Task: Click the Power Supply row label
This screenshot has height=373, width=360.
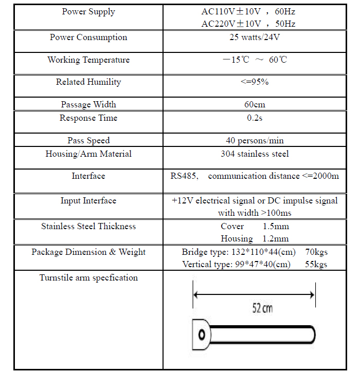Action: pyautogui.click(x=88, y=12)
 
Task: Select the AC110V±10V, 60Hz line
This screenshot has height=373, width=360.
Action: pyautogui.click(x=248, y=11)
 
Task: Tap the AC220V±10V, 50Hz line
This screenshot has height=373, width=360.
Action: pyautogui.click(x=248, y=24)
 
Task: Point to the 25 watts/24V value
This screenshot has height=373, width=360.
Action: pyautogui.click(x=255, y=38)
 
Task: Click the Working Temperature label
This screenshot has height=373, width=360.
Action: pyautogui.click(x=88, y=60)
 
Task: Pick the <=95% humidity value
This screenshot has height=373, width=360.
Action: pyautogui.click(x=255, y=82)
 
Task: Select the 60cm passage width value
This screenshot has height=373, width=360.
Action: pyautogui.click(x=255, y=105)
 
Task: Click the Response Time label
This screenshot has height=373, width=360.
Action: pyautogui.click(x=88, y=118)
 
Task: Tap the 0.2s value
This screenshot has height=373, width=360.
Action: pyautogui.click(x=255, y=118)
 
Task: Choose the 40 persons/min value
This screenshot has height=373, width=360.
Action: pyautogui.click(x=255, y=141)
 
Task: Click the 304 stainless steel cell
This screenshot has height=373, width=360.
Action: pyautogui.click(x=255, y=154)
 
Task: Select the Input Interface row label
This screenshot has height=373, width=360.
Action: pyautogui.click(x=88, y=201)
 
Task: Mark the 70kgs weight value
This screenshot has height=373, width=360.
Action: pyautogui.click(x=316, y=252)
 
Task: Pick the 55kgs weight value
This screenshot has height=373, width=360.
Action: pyautogui.click(x=316, y=265)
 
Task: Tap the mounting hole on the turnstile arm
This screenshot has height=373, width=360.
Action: pyautogui.click(x=201, y=334)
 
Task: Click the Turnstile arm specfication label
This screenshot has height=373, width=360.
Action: pyautogui.click(x=88, y=278)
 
